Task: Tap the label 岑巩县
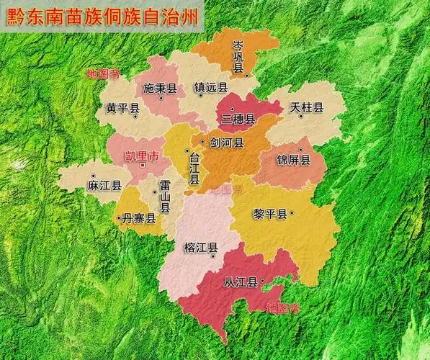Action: (238, 57)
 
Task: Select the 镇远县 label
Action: (211, 88)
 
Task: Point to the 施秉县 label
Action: (160, 89)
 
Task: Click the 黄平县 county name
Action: (122, 109)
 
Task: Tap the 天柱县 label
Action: (307, 108)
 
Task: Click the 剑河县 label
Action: (227, 143)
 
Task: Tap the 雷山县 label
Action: (165, 197)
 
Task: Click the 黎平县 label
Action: (270, 214)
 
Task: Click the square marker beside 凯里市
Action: (143, 166)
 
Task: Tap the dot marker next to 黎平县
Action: (292, 214)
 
